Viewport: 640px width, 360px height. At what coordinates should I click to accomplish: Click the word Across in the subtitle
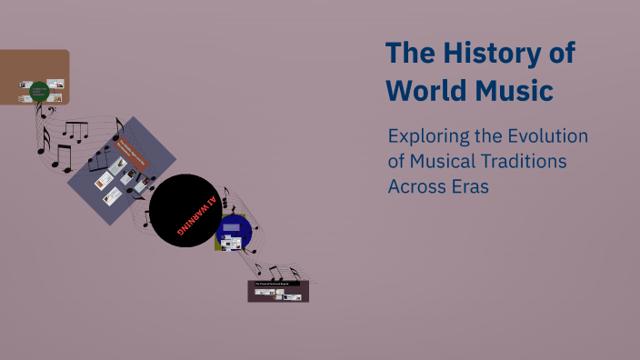click(415, 185)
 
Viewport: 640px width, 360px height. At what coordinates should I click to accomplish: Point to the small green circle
click(38, 91)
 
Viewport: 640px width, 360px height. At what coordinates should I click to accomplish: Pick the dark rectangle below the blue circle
click(279, 291)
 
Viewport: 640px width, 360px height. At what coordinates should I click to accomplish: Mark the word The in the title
click(408, 54)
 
